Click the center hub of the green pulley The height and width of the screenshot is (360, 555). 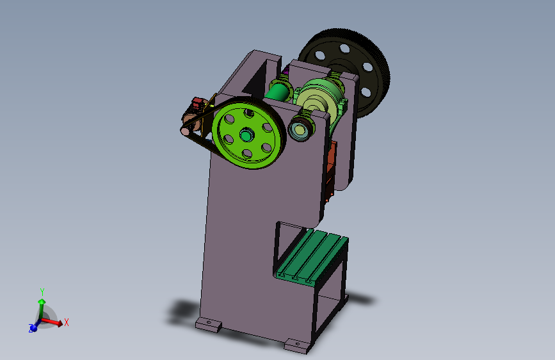[246, 135]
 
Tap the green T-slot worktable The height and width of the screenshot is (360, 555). [312, 256]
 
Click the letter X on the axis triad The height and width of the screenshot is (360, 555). [66, 322]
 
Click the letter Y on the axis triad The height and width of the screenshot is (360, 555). [42, 291]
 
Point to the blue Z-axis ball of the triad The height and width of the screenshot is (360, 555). [33, 328]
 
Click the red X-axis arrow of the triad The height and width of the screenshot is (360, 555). [52, 321]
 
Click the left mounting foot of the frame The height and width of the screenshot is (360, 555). [209, 324]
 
